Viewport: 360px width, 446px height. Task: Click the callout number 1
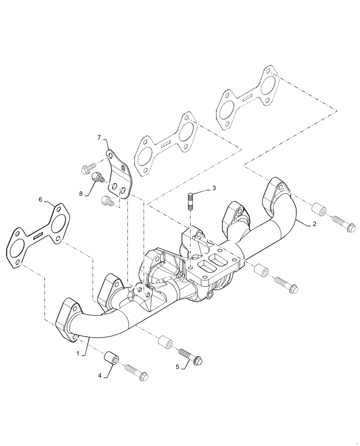78,353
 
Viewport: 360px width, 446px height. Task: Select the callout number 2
314,224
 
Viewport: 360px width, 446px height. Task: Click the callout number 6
41,200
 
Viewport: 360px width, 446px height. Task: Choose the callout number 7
99,138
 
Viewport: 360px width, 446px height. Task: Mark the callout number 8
81,194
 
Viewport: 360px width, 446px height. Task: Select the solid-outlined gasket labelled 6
38,235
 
